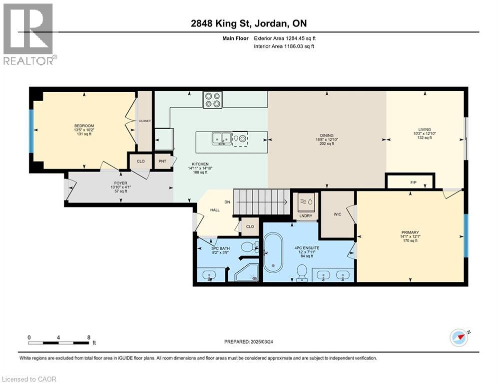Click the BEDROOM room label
84,126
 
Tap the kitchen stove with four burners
213,100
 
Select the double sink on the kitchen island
221,138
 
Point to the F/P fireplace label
414,183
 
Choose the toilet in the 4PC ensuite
302,272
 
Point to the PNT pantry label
162,162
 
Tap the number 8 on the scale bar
88,337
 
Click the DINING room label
327,136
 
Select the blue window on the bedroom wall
31,131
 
